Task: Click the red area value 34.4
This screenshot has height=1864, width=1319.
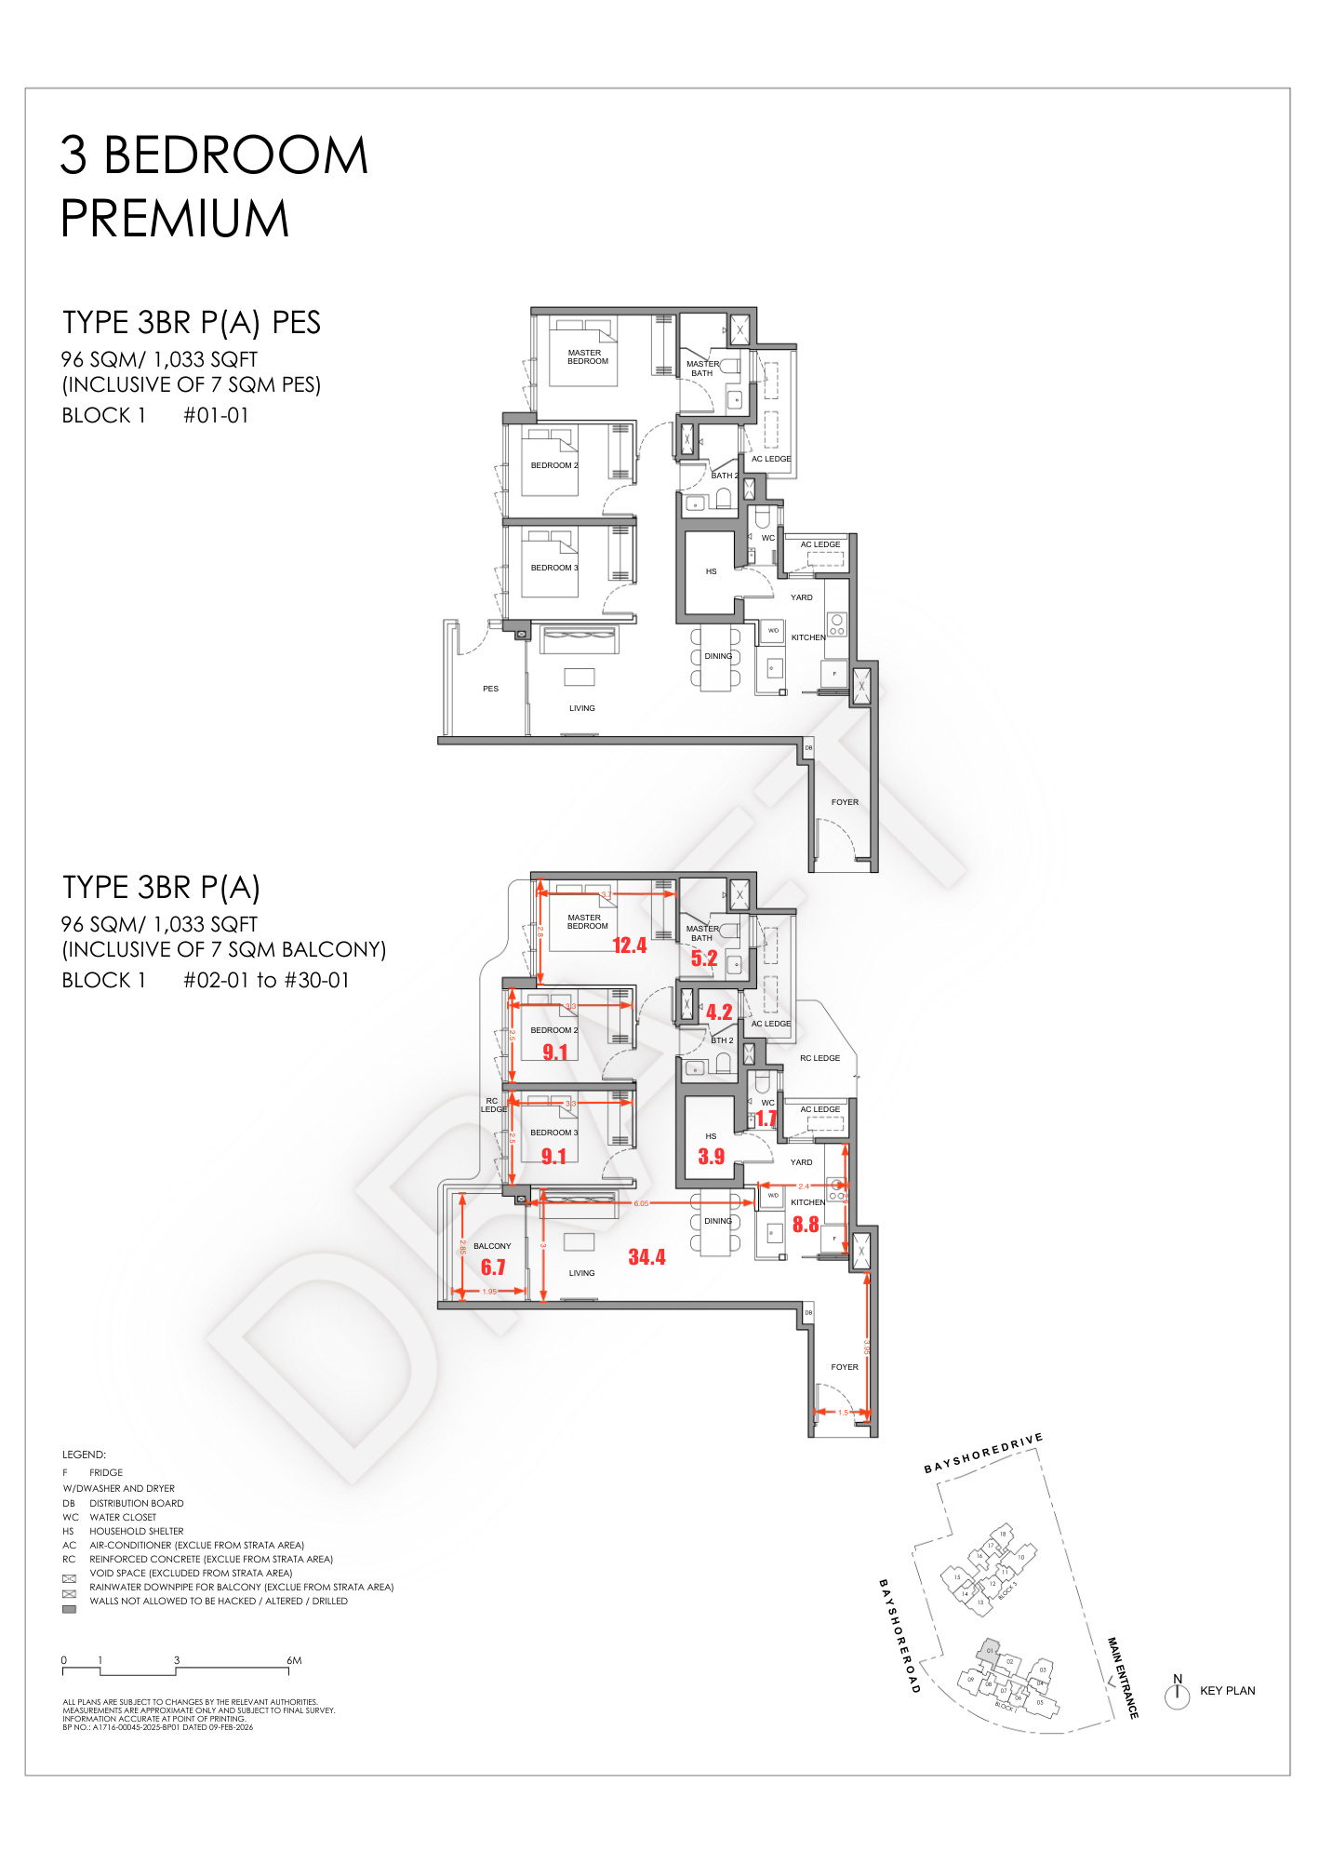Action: (x=646, y=1257)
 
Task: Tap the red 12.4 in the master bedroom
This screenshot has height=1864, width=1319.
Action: (x=629, y=945)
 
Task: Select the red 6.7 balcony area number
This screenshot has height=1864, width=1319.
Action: (x=493, y=1267)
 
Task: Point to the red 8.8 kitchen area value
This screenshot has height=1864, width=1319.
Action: (x=806, y=1225)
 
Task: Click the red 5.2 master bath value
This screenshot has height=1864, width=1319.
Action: (x=704, y=959)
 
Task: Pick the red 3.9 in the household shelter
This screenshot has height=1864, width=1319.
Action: (x=711, y=1157)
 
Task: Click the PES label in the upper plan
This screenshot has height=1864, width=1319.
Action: (x=490, y=689)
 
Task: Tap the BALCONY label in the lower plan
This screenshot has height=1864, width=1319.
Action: (x=492, y=1246)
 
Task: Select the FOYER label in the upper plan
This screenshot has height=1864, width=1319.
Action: (x=845, y=802)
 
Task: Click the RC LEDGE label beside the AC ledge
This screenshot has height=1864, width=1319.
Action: (x=819, y=1058)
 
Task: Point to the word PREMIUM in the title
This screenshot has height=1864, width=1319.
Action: (x=175, y=219)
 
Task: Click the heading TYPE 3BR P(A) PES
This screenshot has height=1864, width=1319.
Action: (x=192, y=323)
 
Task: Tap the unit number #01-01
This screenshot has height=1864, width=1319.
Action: (x=216, y=416)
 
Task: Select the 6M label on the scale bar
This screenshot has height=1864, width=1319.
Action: (x=294, y=1660)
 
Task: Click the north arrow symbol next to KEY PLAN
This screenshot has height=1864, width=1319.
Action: (x=1177, y=1693)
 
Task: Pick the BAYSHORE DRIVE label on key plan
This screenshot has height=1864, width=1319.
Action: (x=982, y=1454)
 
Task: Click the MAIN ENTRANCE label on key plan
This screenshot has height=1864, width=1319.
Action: (x=1122, y=1677)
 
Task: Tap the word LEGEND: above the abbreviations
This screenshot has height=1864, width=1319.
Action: (x=84, y=1455)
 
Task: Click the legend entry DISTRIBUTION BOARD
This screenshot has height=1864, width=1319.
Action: (x=136, y=1503)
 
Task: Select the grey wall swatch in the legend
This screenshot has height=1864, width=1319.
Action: (x=69, y=1609)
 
